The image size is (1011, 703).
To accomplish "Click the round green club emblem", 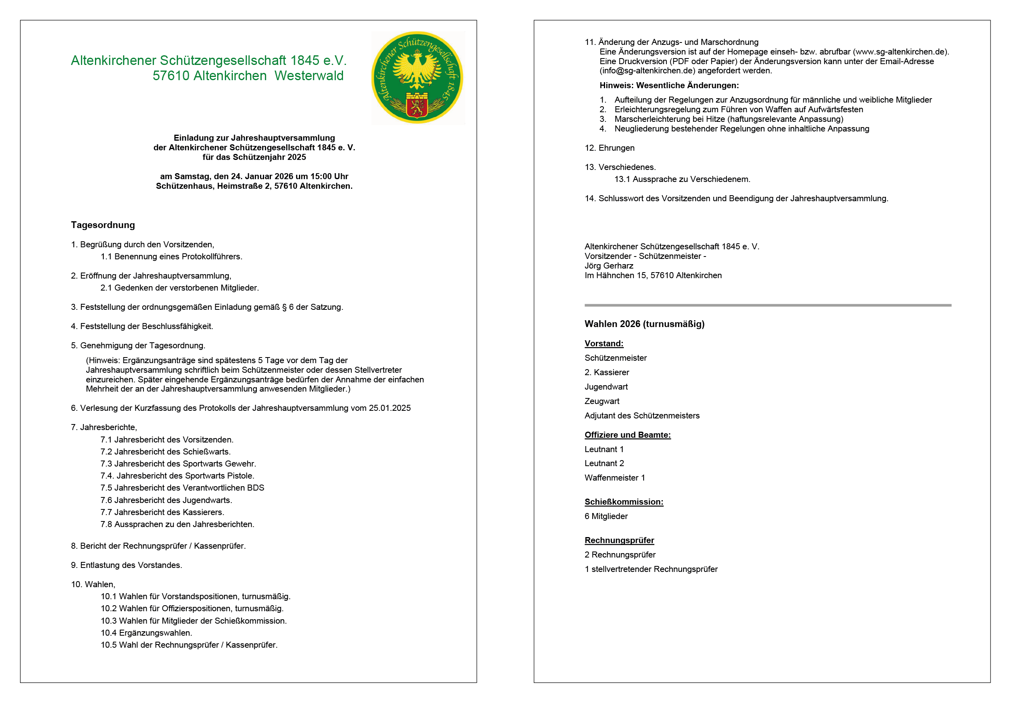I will click(417, 77).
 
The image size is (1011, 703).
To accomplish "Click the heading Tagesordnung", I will click(103, 225).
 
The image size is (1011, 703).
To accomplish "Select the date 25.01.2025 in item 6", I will click(389, 408).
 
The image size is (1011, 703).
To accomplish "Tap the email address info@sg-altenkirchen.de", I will click(647, 71).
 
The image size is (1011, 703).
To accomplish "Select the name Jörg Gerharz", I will click(609, 266).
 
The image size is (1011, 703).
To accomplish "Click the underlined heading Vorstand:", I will click(604, 343).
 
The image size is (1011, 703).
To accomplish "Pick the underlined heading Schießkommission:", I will click(624, 502).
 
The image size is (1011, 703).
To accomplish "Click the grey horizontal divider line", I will click(767, 305).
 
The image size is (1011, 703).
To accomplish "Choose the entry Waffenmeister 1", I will click(615, 478).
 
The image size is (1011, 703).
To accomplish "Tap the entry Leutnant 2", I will click(604, 463).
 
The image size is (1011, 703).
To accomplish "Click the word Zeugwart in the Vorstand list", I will click(602, 401).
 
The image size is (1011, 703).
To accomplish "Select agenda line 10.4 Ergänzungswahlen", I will click(146, 633).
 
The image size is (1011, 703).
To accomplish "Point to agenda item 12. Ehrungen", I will click(609, 148).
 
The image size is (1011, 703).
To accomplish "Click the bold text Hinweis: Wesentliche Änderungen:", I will click(669, 85).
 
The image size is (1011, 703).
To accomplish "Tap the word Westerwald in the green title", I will click(309, 76).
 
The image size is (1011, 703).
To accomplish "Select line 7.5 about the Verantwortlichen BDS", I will click(182, 488).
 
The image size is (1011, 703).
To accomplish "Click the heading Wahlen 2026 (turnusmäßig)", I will click(644, 324).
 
